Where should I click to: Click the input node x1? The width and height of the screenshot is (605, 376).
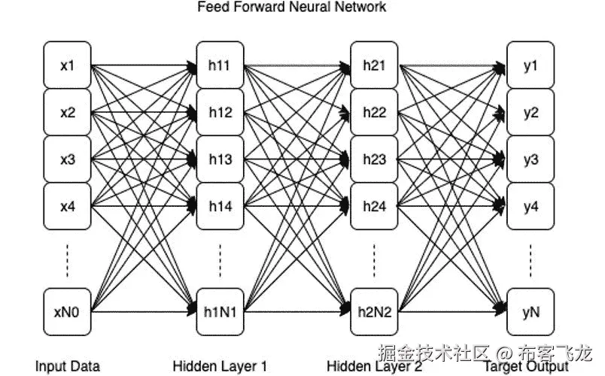[68, 65]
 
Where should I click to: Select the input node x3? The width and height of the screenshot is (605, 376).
[68, 159]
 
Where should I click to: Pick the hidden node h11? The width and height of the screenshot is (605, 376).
[220, 65]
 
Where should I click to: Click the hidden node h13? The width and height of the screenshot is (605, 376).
[220, 159]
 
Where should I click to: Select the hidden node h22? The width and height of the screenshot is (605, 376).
[374, 113]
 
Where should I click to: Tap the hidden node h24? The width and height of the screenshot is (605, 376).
[374, 206]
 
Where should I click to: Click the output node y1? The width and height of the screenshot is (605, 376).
[531, 65]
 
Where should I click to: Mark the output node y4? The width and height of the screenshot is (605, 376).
[531, 206]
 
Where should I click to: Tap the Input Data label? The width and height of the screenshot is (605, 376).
[68, 366]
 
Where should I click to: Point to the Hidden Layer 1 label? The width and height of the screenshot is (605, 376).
[220, 366]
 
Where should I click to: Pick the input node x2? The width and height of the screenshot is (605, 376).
[68, 113]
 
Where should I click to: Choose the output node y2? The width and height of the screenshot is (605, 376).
[531, 113]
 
